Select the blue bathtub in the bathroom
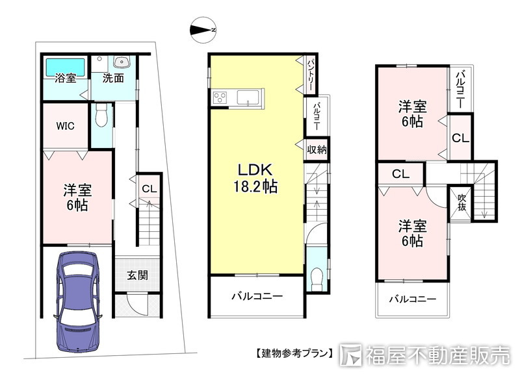pos(65,66)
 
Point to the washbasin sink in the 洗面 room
pos(121,62)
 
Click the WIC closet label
pos(65,125)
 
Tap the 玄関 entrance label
pos(137,275)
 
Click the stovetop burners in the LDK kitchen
pos(218,98)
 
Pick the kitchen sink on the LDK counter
pos(250,98)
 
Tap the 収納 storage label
pos(317,150)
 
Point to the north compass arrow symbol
pos(203,30)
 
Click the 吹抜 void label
pos(461,202)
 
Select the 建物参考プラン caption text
pos(292,354)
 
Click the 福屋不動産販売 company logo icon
pos(350,354)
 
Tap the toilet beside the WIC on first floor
pos(100,117)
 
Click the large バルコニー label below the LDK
pos(257,297)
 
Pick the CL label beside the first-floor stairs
pos(149,189)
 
